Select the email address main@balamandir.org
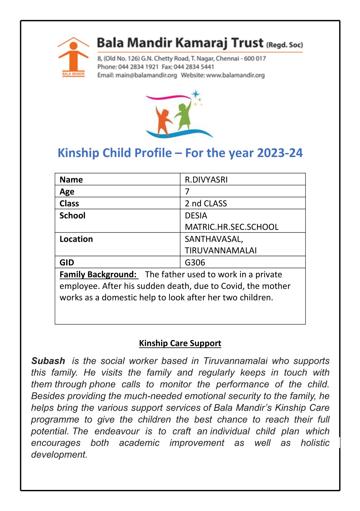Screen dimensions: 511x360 [x=146, y=75]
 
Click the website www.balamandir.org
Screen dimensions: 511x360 [x=235, y=75]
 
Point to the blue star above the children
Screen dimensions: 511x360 [x=195, y=94]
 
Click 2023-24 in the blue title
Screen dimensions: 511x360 [x=280, y=153]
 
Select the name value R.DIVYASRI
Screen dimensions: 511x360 [x=206, y=180]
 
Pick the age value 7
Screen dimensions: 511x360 [x=187, y=191]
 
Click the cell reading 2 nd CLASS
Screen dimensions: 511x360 [x=206, y=203]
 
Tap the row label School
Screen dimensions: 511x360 [x=72, y=215]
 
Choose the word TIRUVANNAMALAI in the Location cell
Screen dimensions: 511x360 [x=221, y=250]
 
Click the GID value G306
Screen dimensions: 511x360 [x=195, y=262]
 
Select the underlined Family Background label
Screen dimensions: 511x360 [x=98, y=275]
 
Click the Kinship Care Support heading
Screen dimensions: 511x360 [x=180, y=343]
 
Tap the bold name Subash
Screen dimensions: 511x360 [x=48, y=361]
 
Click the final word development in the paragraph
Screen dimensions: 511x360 [x=59, y=454]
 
